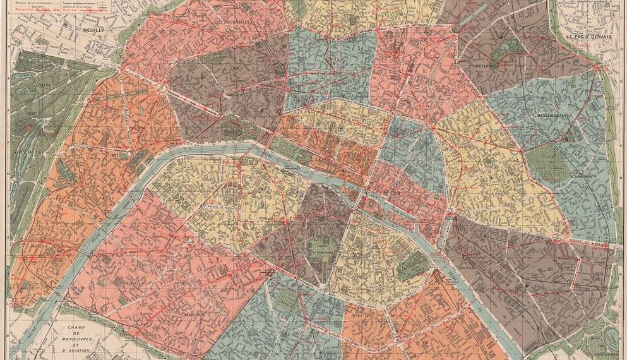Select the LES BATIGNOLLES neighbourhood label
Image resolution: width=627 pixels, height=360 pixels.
tap(232, 23)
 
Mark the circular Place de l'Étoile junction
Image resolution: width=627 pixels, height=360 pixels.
tap(162, 88)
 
